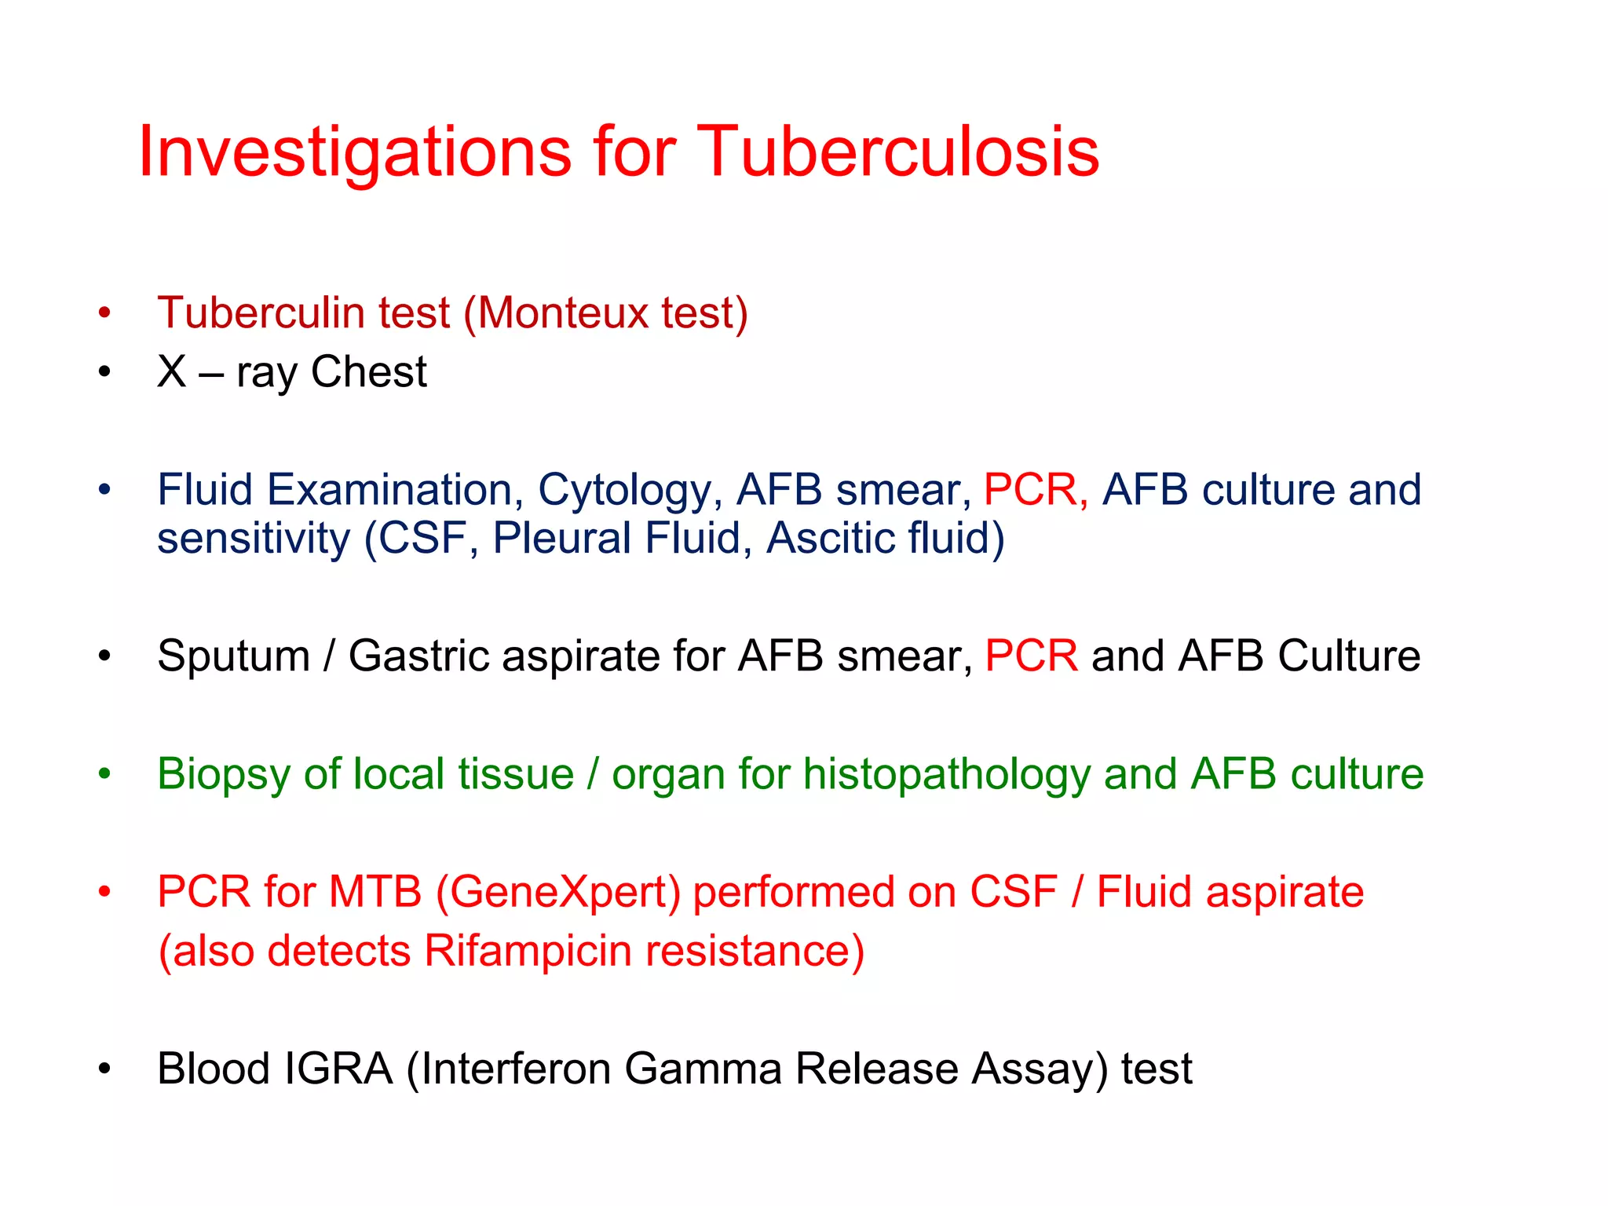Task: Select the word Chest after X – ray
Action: pos(368,371)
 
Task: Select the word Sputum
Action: pos(233,656)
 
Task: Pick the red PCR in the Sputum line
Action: pos(1031,656)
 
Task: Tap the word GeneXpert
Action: pos(558,893)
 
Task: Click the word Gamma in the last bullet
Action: pos(703,1069)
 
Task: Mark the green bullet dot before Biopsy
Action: pos(104,774)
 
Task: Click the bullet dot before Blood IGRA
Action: pos(104,1069)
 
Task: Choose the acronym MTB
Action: pos(375,892)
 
